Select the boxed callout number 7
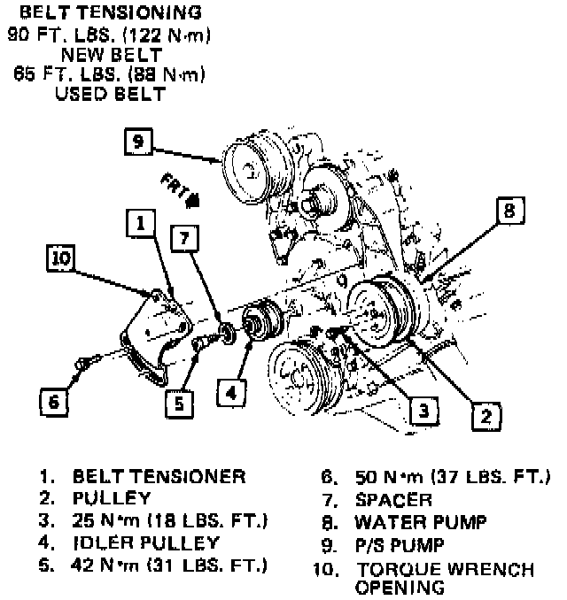point(183,238)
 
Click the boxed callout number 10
point(61,258)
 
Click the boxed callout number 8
point(509,212)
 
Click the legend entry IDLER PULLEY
point(145,542)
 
